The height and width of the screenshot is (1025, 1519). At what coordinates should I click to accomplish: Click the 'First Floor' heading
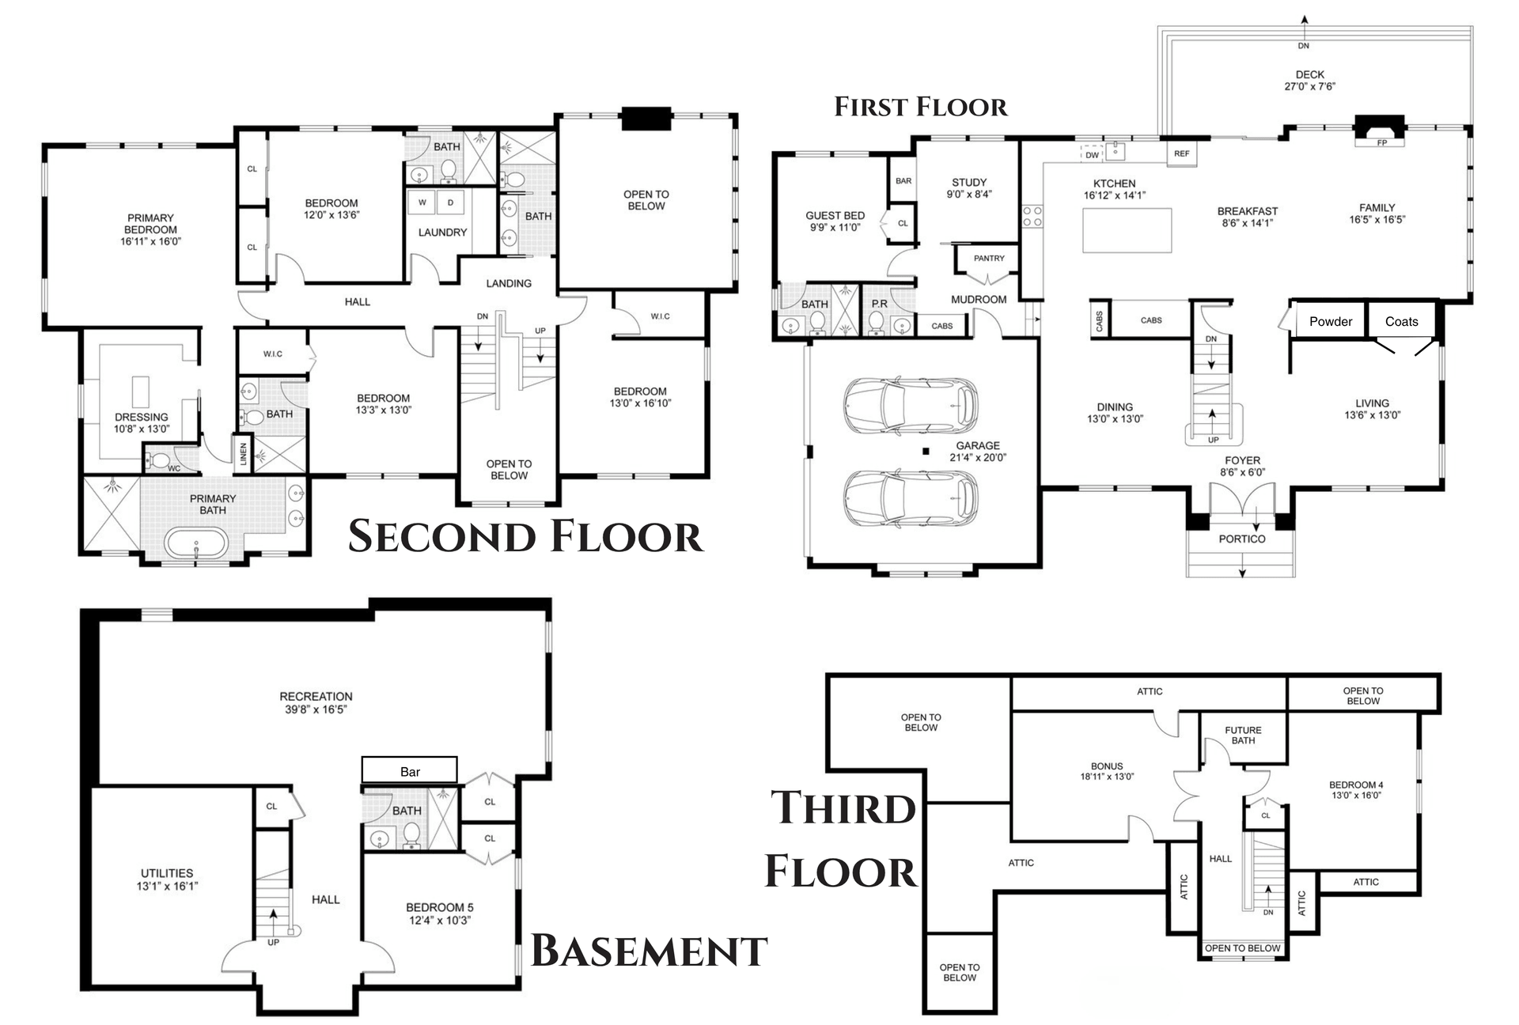(x=921, y=107)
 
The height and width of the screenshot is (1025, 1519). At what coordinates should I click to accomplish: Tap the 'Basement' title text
(x=649, y=950)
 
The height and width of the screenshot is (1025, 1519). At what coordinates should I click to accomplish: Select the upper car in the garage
(x=911, y=405)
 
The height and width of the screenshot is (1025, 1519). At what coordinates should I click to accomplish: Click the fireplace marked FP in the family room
(x=1381, y=131)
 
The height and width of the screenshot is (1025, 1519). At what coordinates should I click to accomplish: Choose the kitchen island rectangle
(x=1127, y=230)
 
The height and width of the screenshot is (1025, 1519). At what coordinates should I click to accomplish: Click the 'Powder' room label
(x=1331, y=322)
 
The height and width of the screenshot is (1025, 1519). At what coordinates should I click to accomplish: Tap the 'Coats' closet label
(x=1401, y=322)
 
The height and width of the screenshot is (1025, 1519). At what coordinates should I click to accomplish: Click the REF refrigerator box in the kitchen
(x=1181, y=153)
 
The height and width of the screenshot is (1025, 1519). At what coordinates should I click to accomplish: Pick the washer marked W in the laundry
(x=422, y=202)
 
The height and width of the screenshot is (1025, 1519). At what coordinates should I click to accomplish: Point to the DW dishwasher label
(x=1092, y=155)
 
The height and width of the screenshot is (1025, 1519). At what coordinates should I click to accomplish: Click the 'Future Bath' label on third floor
(x=1243, y=736)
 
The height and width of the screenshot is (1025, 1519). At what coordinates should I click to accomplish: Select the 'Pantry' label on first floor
(x=989, y=258)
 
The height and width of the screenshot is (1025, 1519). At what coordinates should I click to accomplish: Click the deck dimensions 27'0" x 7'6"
(x=1309, y=86)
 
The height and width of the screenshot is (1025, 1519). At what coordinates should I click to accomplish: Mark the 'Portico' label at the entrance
(x=1242, y=539)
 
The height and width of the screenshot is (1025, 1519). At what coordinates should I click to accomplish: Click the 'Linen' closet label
(x=243, y=453)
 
